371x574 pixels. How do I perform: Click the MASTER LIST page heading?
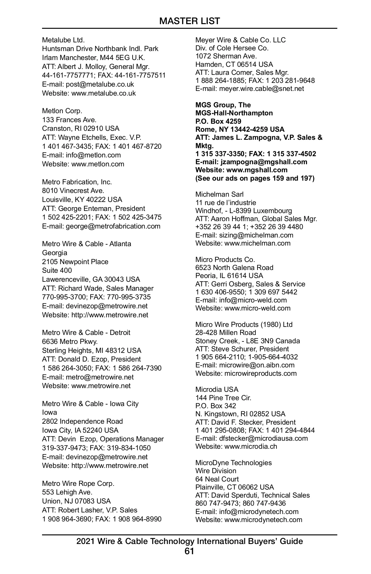tap(190, 21)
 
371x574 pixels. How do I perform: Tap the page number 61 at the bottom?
tap(189, 551)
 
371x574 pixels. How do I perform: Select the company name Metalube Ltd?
tap(63, 40)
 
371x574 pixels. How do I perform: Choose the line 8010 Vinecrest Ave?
tap(73, 191)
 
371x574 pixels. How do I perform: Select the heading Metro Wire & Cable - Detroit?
tap(86, 332)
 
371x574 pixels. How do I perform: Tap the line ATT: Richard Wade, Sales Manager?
tap(98, 288)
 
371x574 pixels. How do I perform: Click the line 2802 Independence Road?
tap(83, 421)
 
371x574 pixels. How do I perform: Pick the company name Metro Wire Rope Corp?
tap(78, 483)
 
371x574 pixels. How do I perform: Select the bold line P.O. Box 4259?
tap(218, 121)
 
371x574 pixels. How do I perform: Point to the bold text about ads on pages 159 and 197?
tap(255, 178)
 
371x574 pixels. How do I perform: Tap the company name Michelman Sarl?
tap(220, 194)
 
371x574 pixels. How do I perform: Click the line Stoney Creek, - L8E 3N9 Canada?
tap(248, 341)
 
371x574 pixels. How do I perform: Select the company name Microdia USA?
tap(217, 389)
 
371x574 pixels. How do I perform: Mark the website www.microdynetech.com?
tap(263, 520)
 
